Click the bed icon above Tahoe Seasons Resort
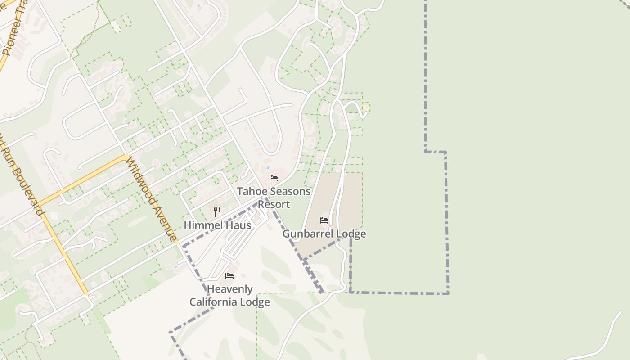(273, 178)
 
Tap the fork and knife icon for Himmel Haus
(217, 211)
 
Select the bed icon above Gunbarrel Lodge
(324, 220)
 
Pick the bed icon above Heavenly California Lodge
(229, 276)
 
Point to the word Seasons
(289, 191)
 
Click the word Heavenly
(229, 289)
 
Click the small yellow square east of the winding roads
(366, 107)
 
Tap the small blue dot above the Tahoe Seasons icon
(268, 168)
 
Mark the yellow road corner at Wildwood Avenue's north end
(126, 157)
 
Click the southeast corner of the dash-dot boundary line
(448, 293)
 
